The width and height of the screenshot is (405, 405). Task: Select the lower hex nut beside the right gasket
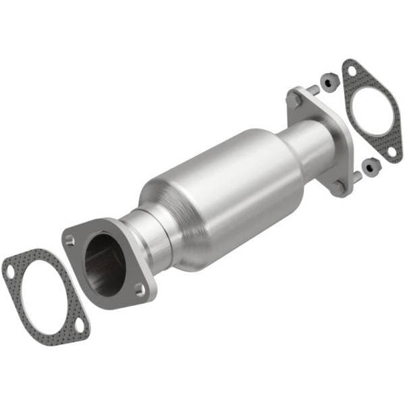pos(368,165)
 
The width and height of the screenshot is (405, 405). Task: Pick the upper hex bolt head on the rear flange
pos(295,99)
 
